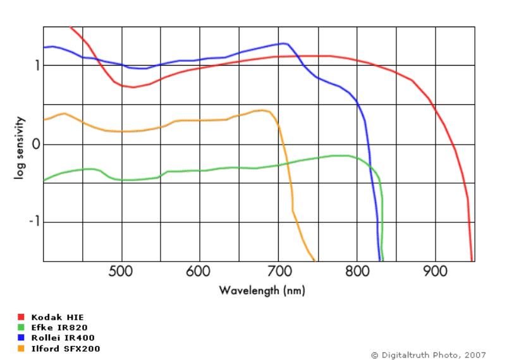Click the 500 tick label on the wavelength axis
tap(121, 272)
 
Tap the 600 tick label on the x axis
tap(199, 272)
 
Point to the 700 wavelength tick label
tap(278, 272)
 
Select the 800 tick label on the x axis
tap(357, 272)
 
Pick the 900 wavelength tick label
tap(435, 272)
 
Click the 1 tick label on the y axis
tap(37, 65)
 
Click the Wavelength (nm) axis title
tap(262, 291)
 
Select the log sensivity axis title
tap(20, 147)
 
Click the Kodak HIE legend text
tap(58, 317)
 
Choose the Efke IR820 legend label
tap(58, 327)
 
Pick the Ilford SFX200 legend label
tap(66, 348)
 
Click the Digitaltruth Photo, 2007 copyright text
tap(429, 355)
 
